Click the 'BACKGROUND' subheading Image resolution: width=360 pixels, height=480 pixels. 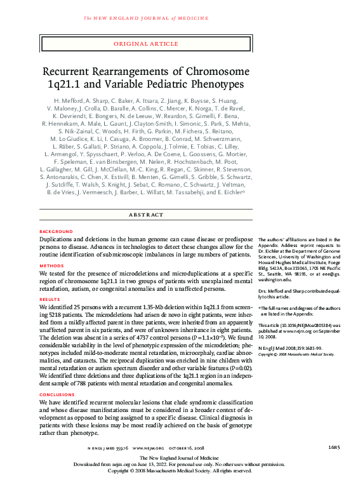point(56,231)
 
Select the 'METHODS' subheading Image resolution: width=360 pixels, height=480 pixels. point(51,266)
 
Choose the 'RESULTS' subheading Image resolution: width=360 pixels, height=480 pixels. point(50,298)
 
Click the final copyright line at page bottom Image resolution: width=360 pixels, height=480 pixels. point(179,470)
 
